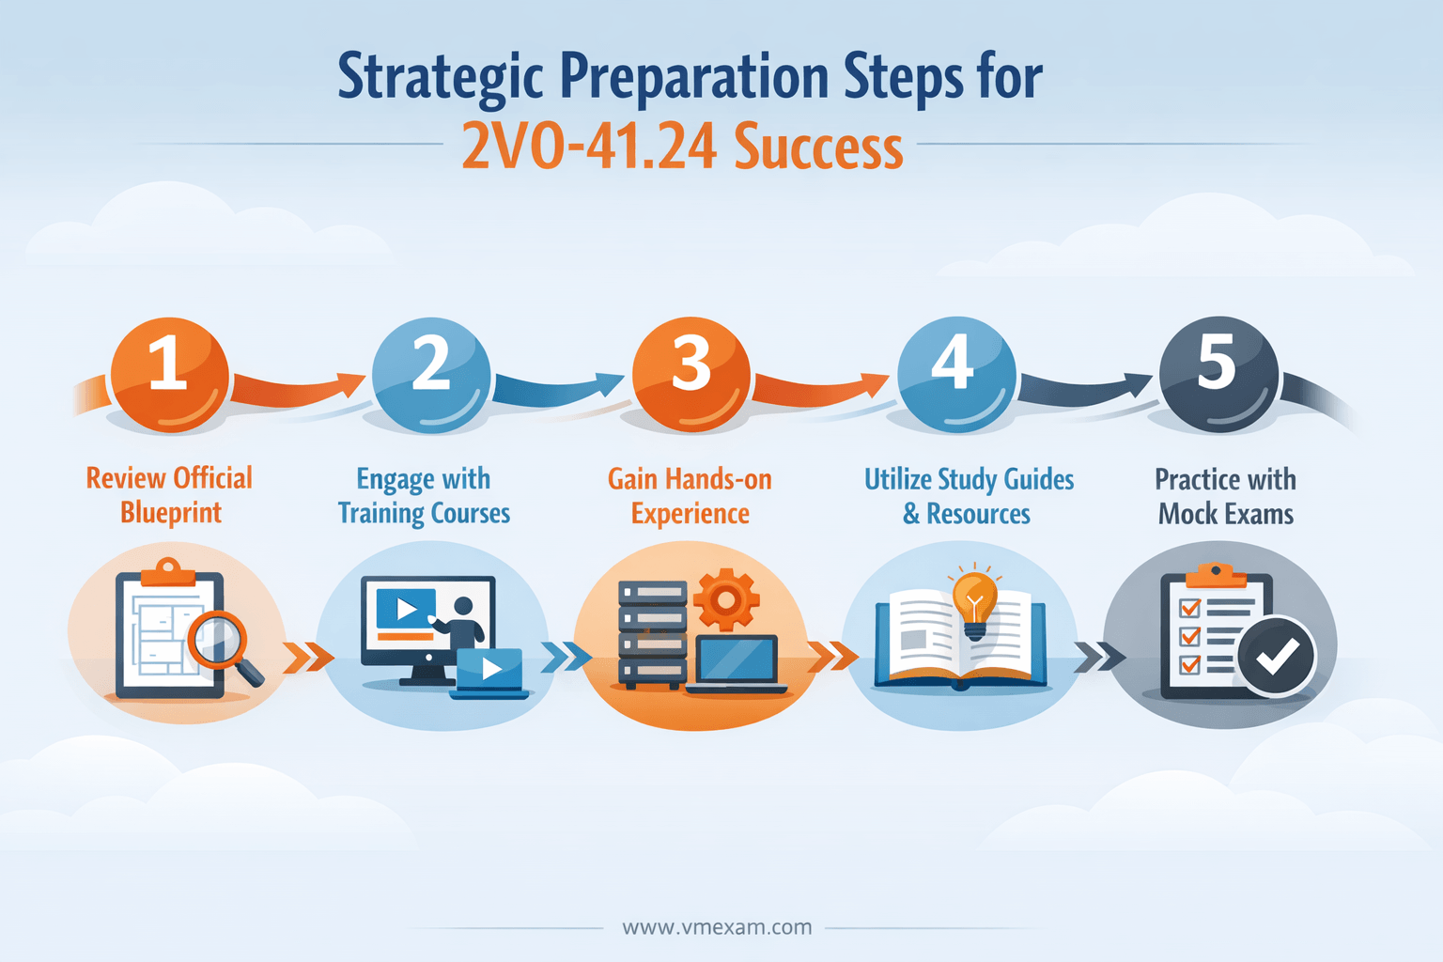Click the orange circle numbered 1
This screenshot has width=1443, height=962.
click(169, 374)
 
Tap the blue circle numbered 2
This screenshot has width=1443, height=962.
click(431, 374)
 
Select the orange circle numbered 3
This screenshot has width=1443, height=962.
click(691, 374)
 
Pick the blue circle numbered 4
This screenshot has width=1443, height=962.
click(956, 374)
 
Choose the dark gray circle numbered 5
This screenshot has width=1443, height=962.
click(1218, 374)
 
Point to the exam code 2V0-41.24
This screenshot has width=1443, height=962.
click(589, 147)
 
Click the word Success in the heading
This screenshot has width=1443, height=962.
click(818, 147)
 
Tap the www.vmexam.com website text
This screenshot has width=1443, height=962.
click(717, 927)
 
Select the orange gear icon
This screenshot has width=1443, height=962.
click(726, 599)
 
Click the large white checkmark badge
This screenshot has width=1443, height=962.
click(1276, 656)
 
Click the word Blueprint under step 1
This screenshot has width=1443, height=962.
click(171, 513)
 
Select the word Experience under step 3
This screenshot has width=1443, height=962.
click(690, 514)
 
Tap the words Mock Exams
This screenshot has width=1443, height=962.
click(1226, 514)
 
